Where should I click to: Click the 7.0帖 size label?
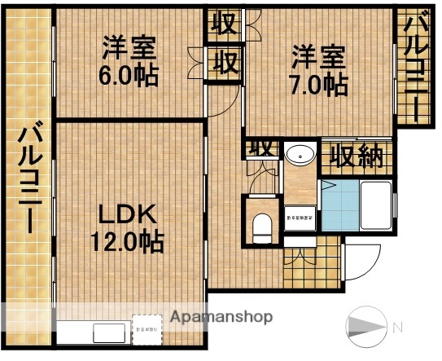pos(320,84)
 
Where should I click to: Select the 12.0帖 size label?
pos(127,241)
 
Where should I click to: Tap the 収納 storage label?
pos(356,155)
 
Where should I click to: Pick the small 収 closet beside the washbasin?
pos(261,149)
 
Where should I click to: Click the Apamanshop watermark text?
pos(222,316)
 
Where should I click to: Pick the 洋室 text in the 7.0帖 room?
pos(319,57)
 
